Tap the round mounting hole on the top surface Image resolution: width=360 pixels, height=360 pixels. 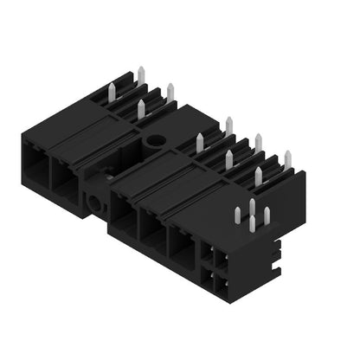click(x=157, y=138)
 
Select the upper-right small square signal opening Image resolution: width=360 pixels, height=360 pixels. click(x=221, y=259)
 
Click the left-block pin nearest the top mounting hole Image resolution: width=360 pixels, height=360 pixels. click(x=140, y=108)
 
